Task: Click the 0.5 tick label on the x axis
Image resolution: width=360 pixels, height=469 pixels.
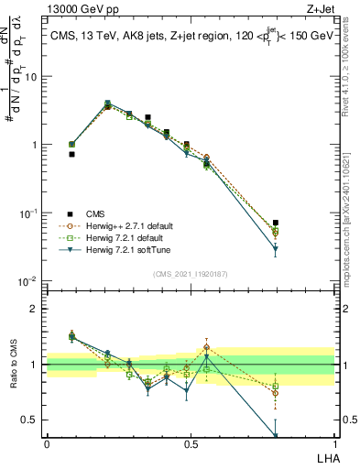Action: tap(191, 444)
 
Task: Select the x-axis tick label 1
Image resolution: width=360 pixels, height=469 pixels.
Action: tap(333, 444)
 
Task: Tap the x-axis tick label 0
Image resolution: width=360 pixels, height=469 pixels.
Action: tap(47, 444)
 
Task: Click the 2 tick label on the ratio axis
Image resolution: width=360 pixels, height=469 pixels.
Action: tap(34, 309)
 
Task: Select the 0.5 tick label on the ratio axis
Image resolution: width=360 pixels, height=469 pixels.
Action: tap(30, 420)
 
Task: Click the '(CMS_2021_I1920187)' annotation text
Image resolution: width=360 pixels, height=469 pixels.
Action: tap(190, 274)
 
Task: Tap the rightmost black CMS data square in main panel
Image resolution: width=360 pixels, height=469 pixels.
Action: tap(276, 223)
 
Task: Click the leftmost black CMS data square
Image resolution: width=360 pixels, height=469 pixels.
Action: tap(71, 155)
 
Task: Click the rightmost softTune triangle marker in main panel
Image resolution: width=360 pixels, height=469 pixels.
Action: tap(276, 248)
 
